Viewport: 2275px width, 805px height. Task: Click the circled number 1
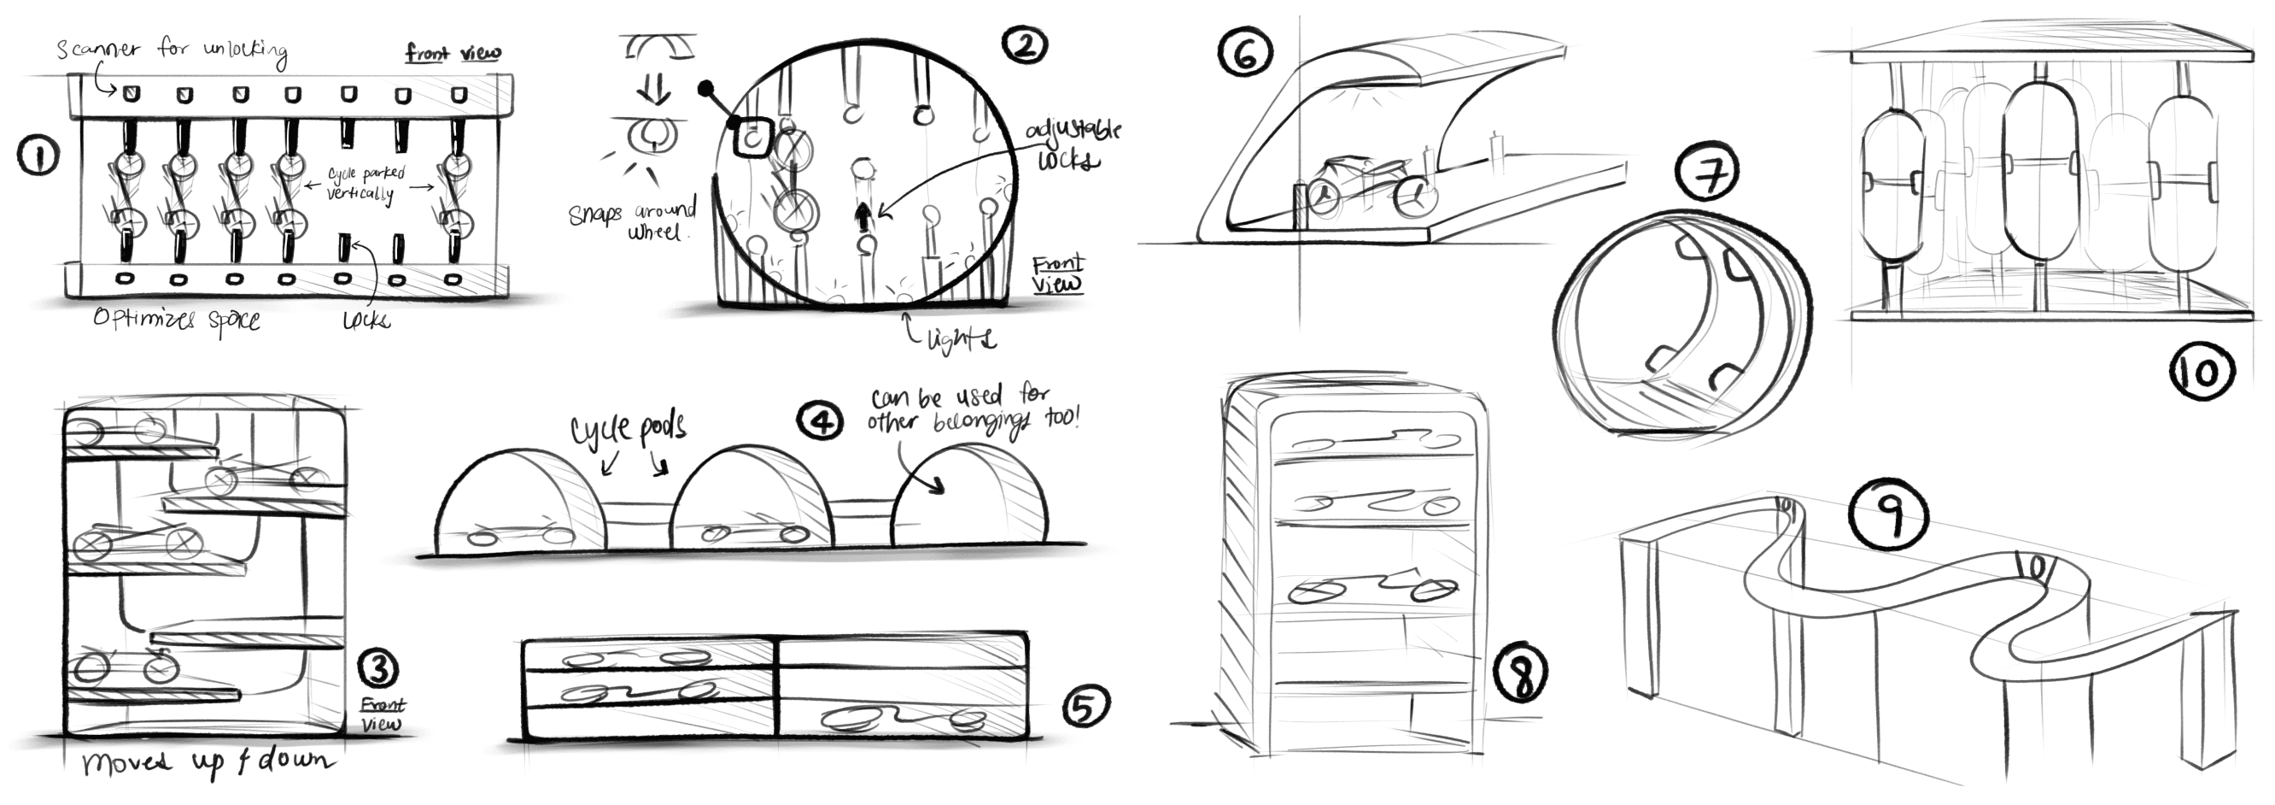pos(37,157)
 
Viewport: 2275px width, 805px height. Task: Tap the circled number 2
pos(1025,44)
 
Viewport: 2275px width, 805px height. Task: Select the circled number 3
pos(380,669)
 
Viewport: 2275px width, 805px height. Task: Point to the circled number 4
pos(821,420)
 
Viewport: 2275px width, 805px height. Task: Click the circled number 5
pos(1085,706)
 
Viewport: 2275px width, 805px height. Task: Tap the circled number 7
pos(1711,173)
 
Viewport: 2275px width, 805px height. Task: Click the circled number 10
pos(2202,372)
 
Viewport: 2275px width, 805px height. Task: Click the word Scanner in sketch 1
pos(98,48)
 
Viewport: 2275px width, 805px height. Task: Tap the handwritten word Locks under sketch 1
pos(366,319)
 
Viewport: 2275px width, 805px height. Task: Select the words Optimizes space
pos(177,318)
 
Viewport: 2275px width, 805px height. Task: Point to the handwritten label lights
pos(961,338)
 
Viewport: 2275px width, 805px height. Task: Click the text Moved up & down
pos(208,762)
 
